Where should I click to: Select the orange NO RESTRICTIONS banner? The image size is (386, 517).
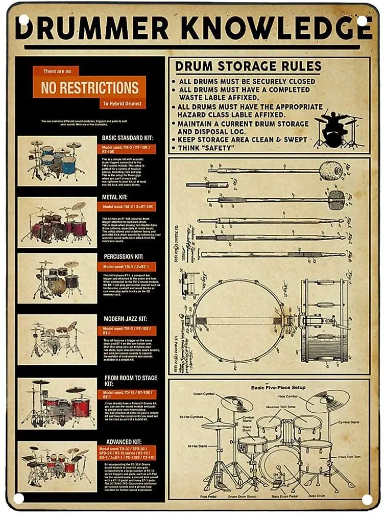tap(89, 87)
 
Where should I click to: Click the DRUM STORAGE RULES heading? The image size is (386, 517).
tap(248, 66)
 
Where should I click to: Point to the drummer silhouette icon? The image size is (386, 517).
tap(336, 129)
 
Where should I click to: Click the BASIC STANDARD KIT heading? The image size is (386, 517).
tap(127, 138)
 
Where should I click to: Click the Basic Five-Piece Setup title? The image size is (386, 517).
tap(278, 387)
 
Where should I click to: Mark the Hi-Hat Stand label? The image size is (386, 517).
tap(197, 446)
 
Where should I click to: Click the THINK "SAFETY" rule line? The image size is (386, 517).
tap(206, 148)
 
